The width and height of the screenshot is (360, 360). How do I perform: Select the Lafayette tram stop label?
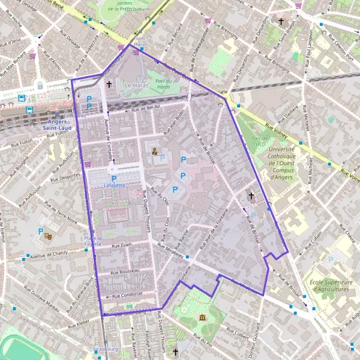[114, 185]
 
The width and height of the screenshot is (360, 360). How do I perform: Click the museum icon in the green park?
[202, 317]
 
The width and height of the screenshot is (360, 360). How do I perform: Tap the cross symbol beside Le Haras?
[109, 85]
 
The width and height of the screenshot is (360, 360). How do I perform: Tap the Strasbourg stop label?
[106, 349]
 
